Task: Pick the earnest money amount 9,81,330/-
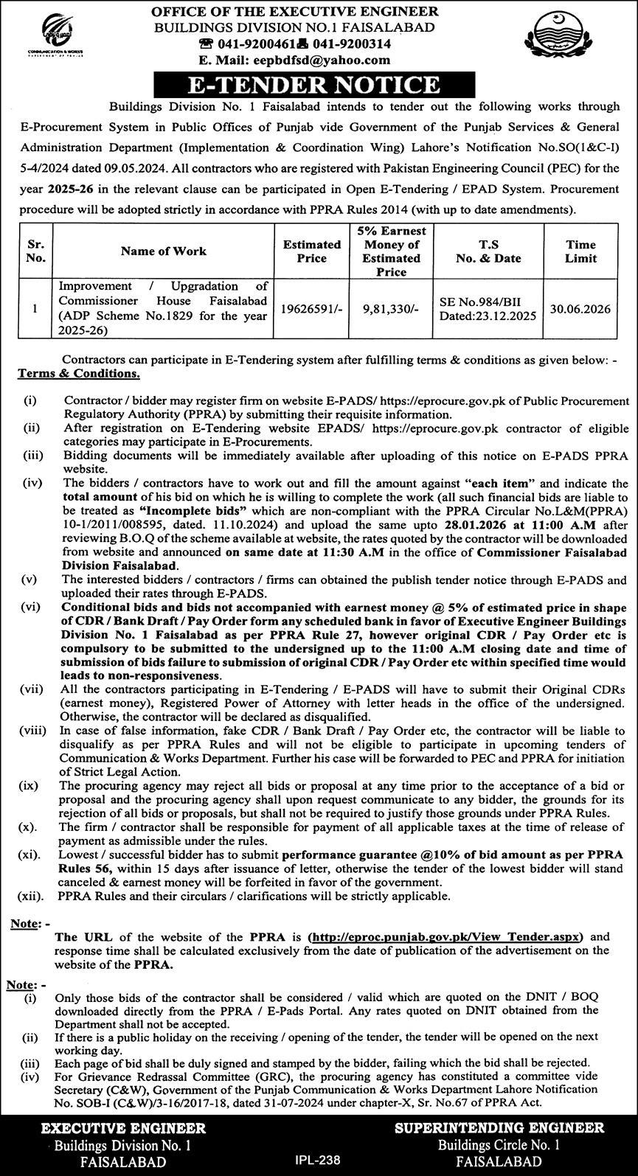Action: [x=391, y=309]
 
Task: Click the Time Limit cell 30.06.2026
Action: [x=581, y=309]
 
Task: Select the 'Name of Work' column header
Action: [x=164, y=251]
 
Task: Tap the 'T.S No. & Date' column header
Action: [x=488, y=251]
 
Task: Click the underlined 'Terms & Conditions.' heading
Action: [x=79, y=374]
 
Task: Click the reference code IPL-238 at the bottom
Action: [x=319, y=1160]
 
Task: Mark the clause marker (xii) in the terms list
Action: [x=30, y=897]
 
